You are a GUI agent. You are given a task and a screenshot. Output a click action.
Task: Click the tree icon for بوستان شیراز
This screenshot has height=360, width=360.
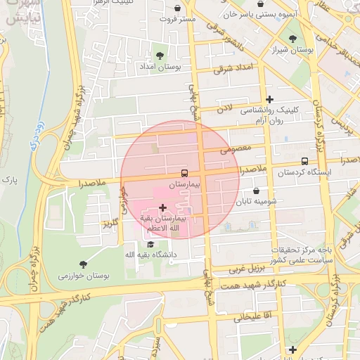click(x=292, y=39)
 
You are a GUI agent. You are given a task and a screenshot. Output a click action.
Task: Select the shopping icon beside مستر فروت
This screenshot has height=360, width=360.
click(x=177, y=8)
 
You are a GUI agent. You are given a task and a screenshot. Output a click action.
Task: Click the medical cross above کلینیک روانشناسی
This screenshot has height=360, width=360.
click(x=269, y=99)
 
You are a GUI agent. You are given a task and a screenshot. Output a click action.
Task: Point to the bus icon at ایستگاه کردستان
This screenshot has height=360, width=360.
click(x=304, y=161)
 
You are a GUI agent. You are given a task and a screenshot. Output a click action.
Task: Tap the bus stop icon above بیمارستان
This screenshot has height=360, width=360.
click(x=184, y=172)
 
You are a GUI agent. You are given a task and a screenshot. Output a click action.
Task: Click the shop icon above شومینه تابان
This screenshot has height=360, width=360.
click(x=255, y=191)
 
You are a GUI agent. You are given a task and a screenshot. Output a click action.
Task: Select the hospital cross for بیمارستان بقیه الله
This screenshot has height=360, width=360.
click(x=163, y=207)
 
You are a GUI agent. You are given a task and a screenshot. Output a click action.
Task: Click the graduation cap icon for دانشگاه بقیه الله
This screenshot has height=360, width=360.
click(x=150, y=243)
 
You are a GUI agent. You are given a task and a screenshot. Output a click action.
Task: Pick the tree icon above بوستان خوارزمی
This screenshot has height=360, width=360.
click(x=84, y=264)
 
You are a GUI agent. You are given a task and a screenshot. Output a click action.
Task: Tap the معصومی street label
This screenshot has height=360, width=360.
click(x=235, y=150)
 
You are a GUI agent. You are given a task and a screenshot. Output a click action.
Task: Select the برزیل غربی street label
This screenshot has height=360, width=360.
click(x=247, y=269)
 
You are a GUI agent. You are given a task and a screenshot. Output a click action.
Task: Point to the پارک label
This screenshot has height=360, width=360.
click(x=9, y=181)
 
